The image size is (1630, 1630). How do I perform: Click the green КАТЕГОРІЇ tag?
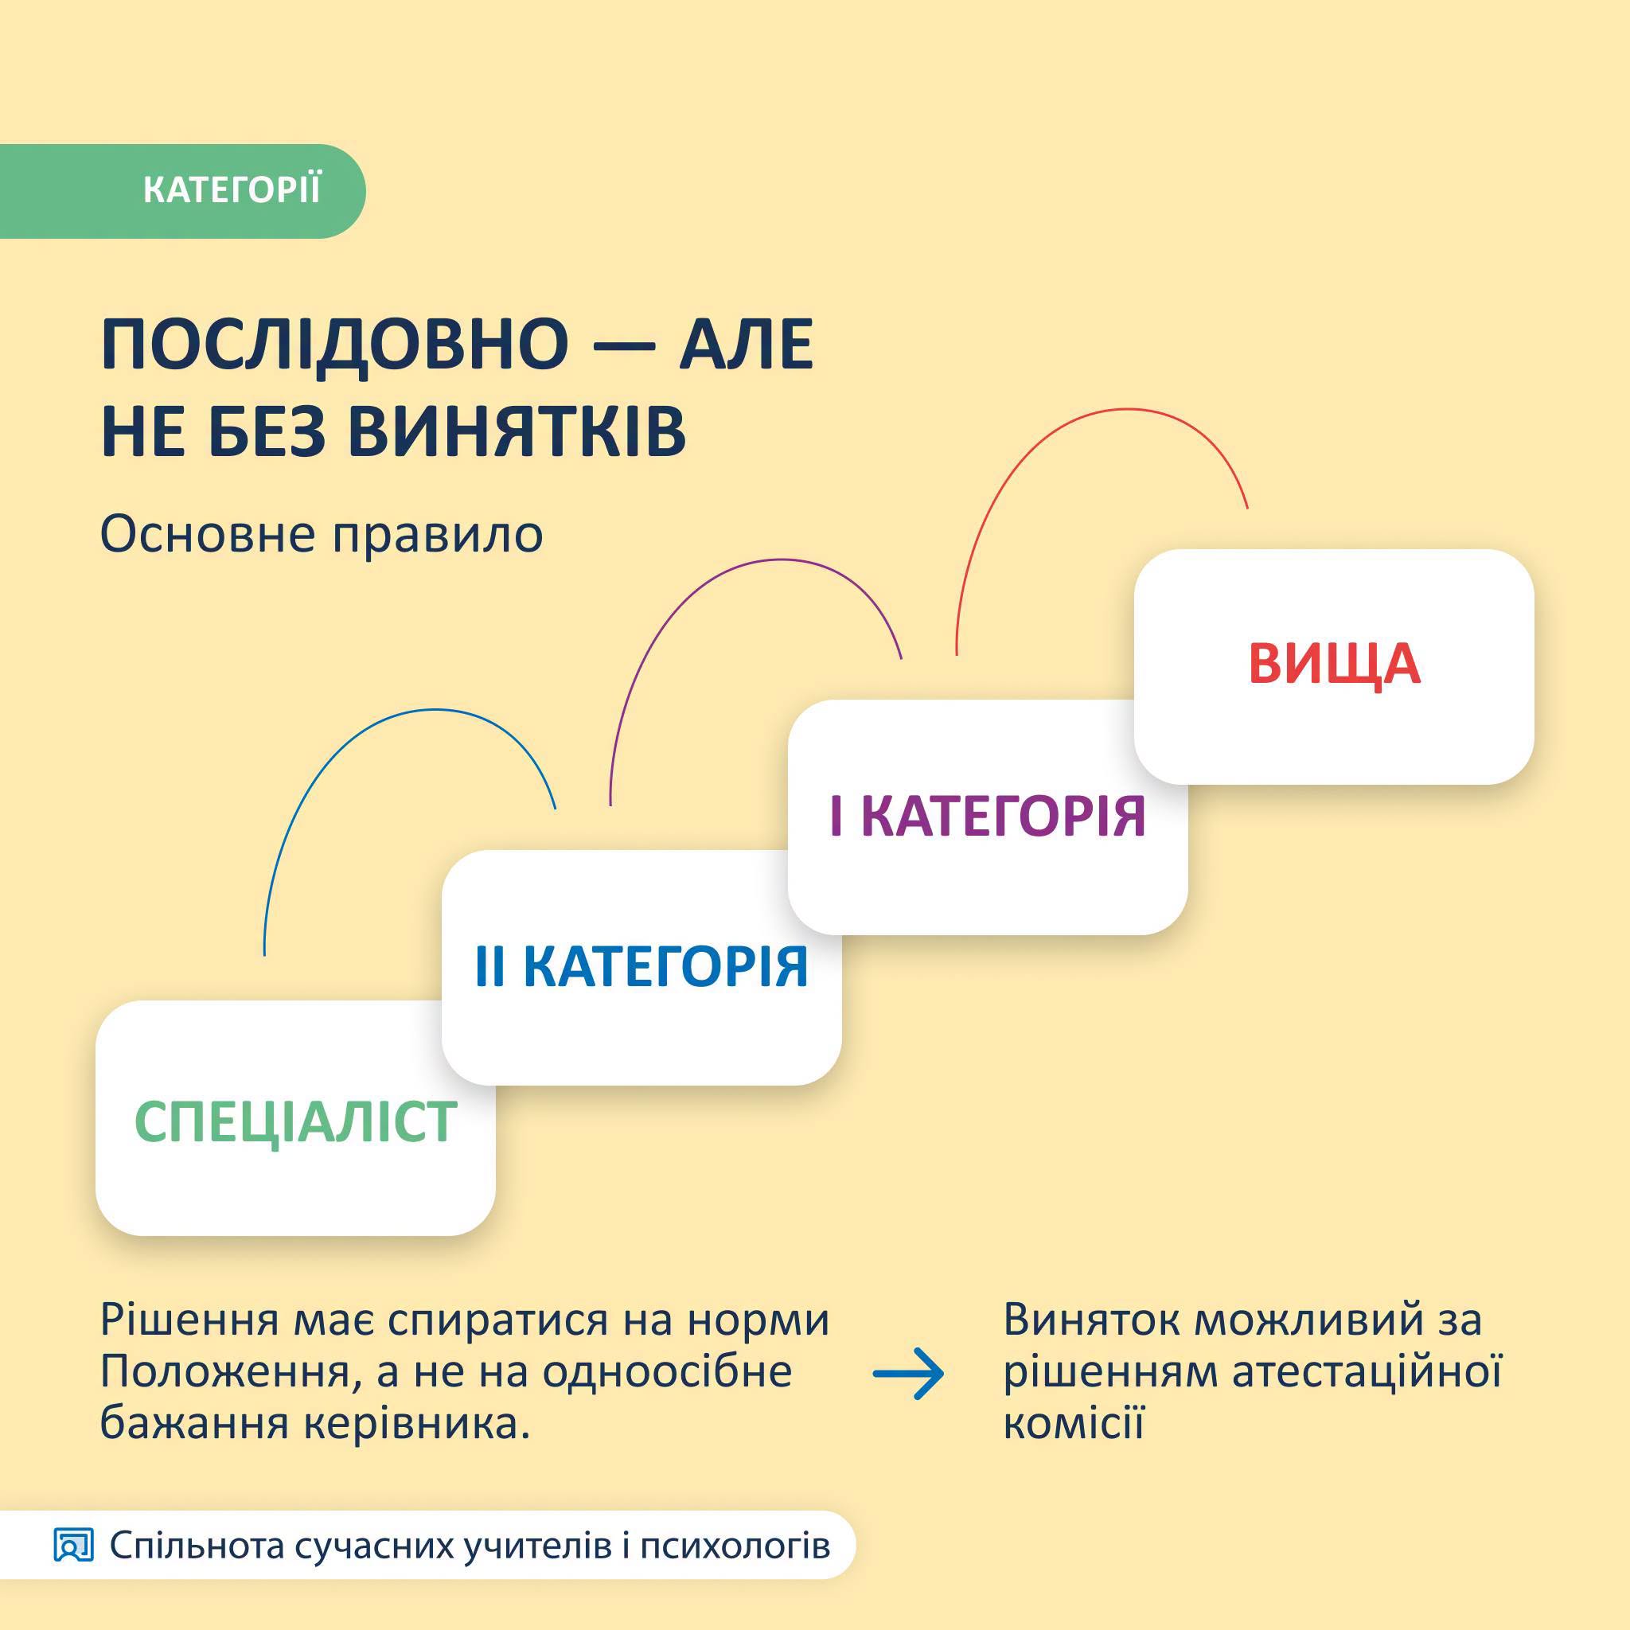[182, 191]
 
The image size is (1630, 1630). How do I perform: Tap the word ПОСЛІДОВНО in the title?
[335, 346]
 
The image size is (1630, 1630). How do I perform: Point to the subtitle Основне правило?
[322, 534]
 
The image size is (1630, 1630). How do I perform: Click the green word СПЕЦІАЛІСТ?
[295, 1122]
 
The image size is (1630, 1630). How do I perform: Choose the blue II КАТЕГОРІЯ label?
[641, 967]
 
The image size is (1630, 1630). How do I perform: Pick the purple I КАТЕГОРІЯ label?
[987, 817]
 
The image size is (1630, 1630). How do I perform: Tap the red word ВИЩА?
[1335, 664]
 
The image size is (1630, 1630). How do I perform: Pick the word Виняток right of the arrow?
[1091, 1320]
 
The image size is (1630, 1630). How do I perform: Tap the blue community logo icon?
[73, 1546]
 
